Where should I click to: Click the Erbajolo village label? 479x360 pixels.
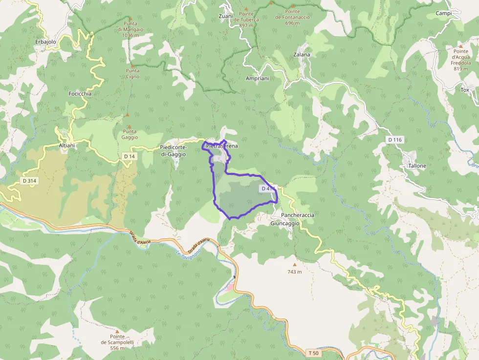[x=46, y=42]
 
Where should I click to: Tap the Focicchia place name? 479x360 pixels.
[x=80, y=93]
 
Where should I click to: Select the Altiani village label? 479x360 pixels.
[x=66, y=146]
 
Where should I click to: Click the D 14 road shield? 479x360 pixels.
[x=129, y=156]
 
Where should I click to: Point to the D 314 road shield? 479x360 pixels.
[x=29, y=181]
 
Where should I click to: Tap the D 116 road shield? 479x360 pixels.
[x=394, y=140]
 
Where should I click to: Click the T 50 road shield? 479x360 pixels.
[x=313, y=353]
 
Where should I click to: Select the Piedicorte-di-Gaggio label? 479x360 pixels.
[x=173, y=151]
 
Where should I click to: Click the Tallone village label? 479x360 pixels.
[x=417, y=166]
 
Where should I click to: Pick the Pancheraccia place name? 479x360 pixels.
[x=298, y=215]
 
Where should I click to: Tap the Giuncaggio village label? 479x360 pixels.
[x=285, y=223]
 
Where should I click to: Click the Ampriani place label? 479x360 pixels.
[x=258, y=78]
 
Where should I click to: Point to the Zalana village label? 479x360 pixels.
[x=302, y=55]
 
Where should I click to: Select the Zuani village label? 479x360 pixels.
[x=226, y=16]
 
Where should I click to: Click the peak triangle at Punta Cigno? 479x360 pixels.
[x=132, y=65]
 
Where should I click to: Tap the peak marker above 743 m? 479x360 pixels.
[x=294, y=264]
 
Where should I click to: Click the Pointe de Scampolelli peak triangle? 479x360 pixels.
[x=117, y=331]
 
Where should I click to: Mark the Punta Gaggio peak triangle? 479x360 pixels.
[x=129, y=127]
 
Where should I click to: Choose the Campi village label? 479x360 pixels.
[x=443, y=13]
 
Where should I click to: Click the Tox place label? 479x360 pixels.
[x=464, y=90]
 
